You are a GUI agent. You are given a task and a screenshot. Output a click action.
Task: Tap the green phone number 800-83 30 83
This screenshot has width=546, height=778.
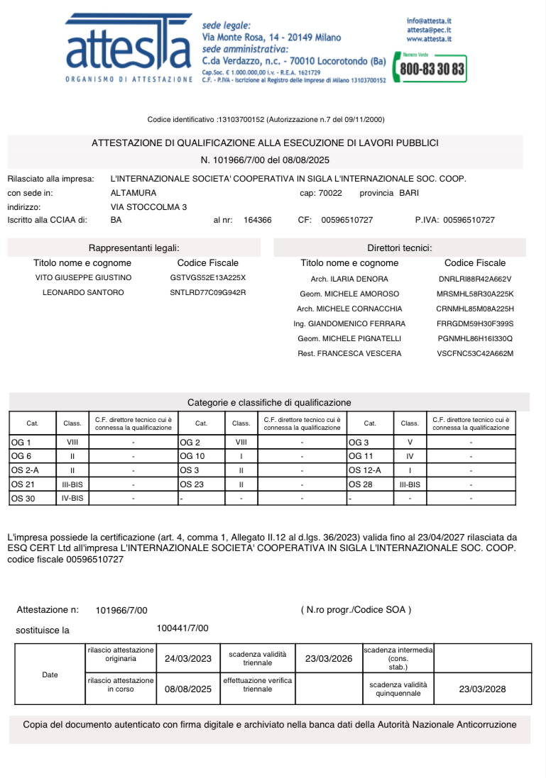432,70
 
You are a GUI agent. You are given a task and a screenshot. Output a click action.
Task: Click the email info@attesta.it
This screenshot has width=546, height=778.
430,21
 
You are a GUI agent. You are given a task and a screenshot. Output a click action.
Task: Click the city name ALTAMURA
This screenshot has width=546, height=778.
134,192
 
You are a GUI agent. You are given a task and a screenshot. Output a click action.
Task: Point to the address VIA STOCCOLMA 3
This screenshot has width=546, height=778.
149,206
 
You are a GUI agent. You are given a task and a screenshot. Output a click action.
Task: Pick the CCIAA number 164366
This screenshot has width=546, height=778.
257,220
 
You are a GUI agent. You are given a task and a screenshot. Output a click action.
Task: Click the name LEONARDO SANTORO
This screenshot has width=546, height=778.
83,292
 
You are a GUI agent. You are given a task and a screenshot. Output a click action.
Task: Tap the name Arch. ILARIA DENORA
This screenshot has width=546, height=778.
350,279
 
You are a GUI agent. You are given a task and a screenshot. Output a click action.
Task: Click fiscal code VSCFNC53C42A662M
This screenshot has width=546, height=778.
475,353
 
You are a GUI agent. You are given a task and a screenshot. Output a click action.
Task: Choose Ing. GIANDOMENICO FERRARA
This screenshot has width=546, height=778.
349,323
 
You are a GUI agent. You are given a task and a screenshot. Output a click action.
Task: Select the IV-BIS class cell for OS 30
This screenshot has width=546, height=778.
72,499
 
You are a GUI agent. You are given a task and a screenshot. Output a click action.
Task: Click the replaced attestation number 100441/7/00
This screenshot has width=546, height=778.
182,628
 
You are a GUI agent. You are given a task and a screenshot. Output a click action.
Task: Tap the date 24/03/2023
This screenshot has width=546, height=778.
188,659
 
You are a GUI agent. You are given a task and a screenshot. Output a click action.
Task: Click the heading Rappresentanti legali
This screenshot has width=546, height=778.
133,248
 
